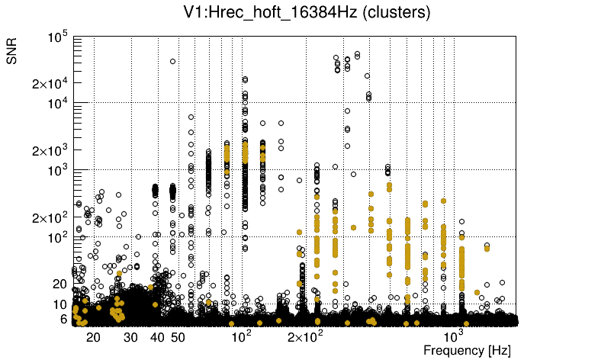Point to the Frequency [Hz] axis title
click(467, 350)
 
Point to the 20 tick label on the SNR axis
click(61, 284)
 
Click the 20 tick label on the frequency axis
click(93, 337)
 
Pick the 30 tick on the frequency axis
click(131, 337)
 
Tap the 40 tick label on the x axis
click(157, 337)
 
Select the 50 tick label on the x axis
click(178, 337)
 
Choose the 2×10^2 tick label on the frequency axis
click(304, 337)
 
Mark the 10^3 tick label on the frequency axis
click(455, 337)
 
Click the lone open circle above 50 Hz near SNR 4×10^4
click(172, 61)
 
